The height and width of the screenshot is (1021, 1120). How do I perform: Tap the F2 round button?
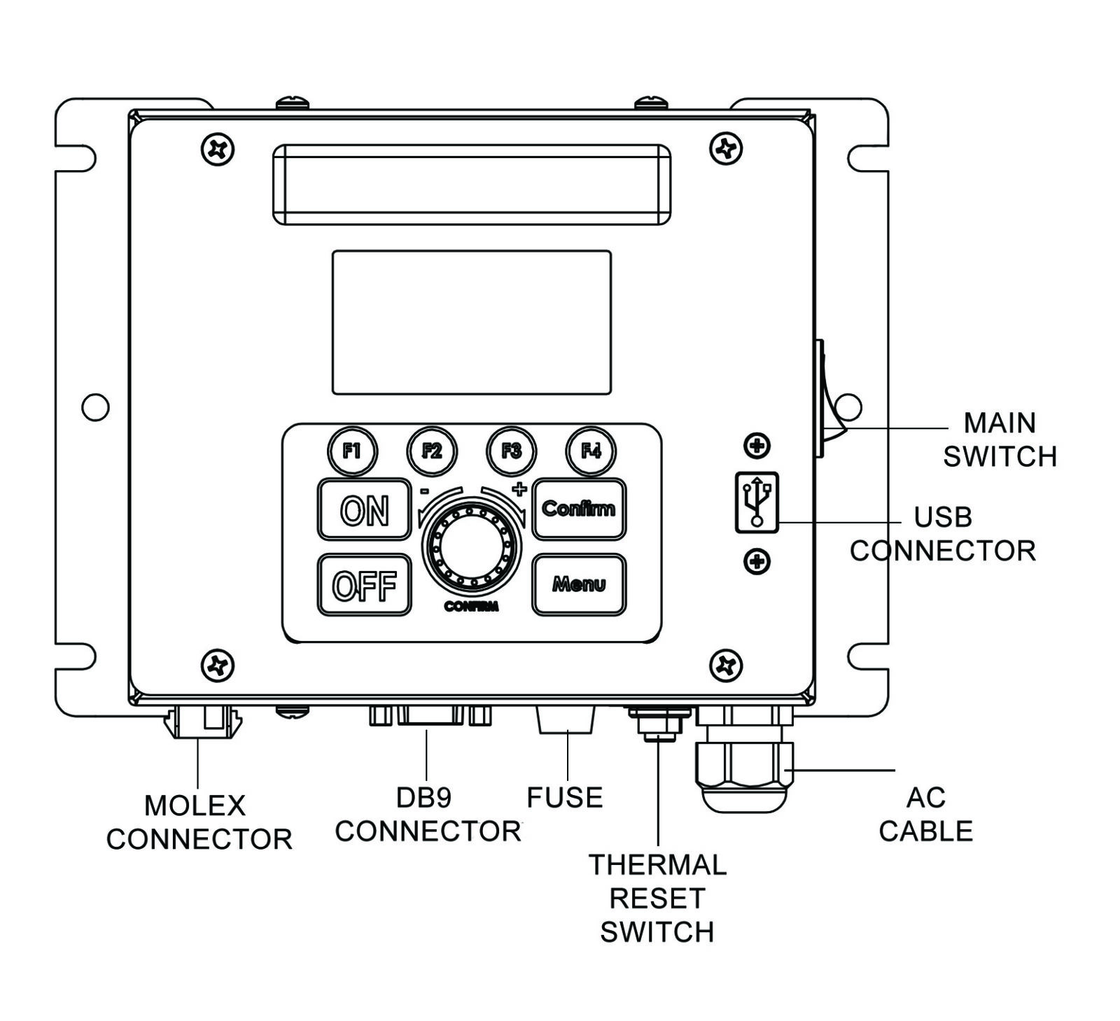(x=432, y=451)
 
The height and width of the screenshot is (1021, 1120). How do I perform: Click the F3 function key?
(x=512, y=451)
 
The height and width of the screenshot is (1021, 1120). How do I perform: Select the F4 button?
(x=591, y=451)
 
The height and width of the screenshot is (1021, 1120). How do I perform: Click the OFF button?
(x=364, y=585)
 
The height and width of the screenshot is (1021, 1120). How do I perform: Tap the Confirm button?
(x=579, y=509)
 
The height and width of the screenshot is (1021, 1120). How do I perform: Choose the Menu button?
(x=579, y=584)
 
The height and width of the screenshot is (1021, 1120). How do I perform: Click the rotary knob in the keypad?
(x=471, y=547)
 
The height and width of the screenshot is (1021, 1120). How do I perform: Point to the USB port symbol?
(x=757, y=502)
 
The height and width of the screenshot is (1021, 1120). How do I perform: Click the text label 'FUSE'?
(x=564, y=798)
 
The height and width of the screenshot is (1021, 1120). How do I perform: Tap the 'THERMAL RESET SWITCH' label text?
(x=657, y=899)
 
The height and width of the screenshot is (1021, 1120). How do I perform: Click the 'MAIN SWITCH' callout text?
(x=1000, y=439)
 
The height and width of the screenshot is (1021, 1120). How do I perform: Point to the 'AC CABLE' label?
(x=925, y=815)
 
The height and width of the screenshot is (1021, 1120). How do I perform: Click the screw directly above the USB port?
(x=757, y=445)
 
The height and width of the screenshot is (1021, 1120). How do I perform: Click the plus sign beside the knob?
(x=519, y=488)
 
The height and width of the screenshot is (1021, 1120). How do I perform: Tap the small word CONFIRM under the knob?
(x=471, y=607)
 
